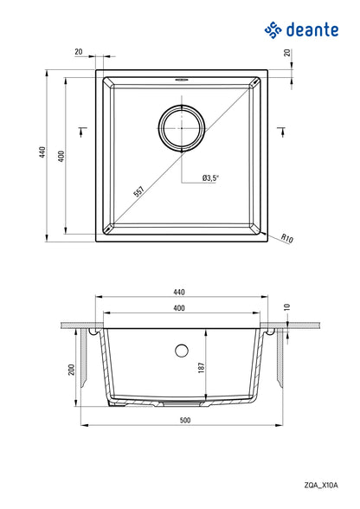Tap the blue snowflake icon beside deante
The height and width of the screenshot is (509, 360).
click(x=274, y=32)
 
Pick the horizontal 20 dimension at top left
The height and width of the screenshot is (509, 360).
click(x=79, y=52)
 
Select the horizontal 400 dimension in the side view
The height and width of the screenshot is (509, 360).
click(x=181, y=307)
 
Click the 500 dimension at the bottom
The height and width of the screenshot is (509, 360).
click(x=183, y=421)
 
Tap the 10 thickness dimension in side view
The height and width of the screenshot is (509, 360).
click(x=287, y=306)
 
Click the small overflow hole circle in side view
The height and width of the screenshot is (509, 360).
click(x=181, y=351)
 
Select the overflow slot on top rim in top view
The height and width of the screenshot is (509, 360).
click(x=181, y=77)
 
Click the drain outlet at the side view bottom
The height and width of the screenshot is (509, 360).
click(x=181, y=403)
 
